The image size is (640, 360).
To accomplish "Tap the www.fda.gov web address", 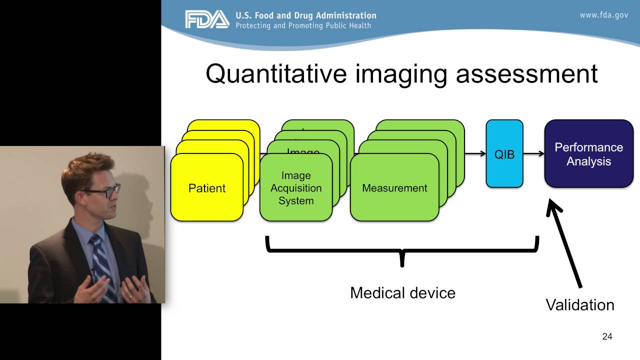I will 603,15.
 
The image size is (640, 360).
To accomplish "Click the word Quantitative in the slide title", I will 276,73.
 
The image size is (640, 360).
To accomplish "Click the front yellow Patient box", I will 206,188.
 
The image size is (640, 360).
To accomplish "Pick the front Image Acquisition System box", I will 296,188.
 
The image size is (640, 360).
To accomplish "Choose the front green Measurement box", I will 394,188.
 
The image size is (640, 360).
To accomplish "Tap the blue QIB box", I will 504,154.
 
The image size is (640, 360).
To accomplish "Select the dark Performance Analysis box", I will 588,154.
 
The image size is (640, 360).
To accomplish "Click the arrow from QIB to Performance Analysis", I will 533,154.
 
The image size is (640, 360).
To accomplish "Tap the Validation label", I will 579,304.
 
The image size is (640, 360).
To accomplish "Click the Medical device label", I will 402,292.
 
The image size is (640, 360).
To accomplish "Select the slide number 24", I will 607,336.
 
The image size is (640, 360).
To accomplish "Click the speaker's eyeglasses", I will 102,190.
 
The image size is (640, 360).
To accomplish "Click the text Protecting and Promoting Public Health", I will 303,25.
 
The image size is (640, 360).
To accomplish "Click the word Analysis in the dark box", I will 588,161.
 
